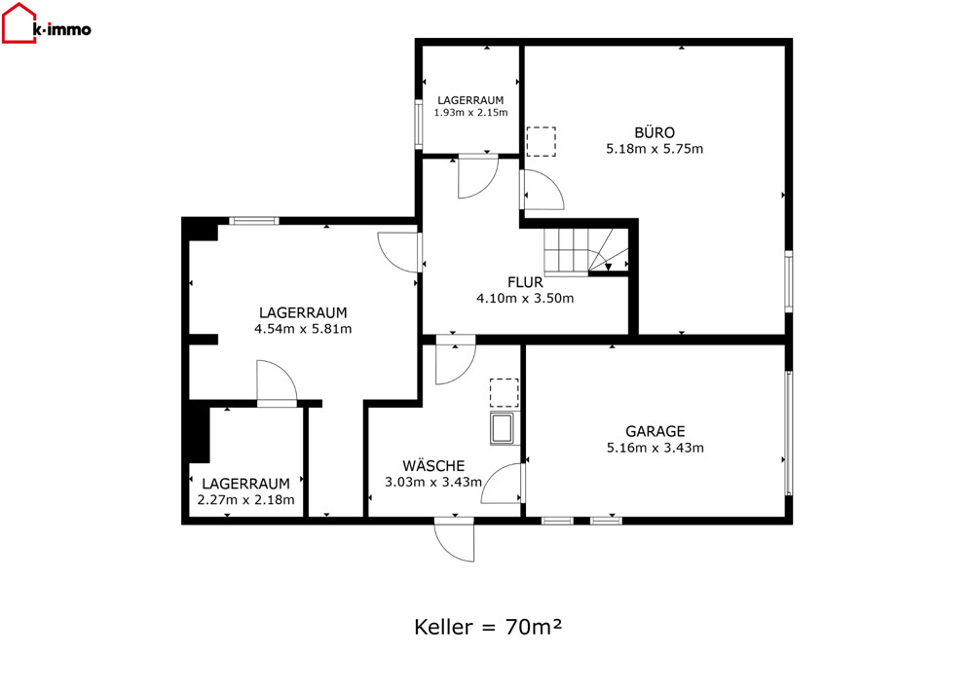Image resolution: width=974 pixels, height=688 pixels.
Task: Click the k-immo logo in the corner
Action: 47,23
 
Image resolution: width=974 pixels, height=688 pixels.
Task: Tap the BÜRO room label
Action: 655,132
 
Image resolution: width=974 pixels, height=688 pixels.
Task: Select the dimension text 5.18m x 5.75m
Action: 655,149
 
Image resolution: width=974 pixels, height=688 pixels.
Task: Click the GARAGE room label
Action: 655,431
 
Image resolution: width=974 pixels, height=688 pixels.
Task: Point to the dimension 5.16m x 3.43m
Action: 655,448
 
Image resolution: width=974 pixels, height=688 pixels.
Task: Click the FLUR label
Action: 525,282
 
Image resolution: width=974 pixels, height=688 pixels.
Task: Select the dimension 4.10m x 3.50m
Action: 525,299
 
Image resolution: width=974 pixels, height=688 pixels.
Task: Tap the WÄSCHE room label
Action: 433,465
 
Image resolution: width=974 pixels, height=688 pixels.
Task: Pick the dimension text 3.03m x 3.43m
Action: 433,482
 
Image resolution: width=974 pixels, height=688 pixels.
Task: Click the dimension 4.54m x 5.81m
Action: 303,329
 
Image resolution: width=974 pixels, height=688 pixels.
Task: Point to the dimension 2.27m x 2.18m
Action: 246,500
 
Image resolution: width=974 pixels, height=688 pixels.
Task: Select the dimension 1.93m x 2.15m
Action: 470,113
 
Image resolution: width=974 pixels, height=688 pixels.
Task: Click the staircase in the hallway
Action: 587,251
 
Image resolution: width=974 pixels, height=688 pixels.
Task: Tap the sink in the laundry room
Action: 502,428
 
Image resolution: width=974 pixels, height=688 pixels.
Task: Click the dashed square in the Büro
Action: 541,141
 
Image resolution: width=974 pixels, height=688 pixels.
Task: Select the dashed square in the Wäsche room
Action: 504,393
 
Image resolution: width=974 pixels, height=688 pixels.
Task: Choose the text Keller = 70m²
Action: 488,628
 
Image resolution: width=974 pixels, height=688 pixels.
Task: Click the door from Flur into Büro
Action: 543,189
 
